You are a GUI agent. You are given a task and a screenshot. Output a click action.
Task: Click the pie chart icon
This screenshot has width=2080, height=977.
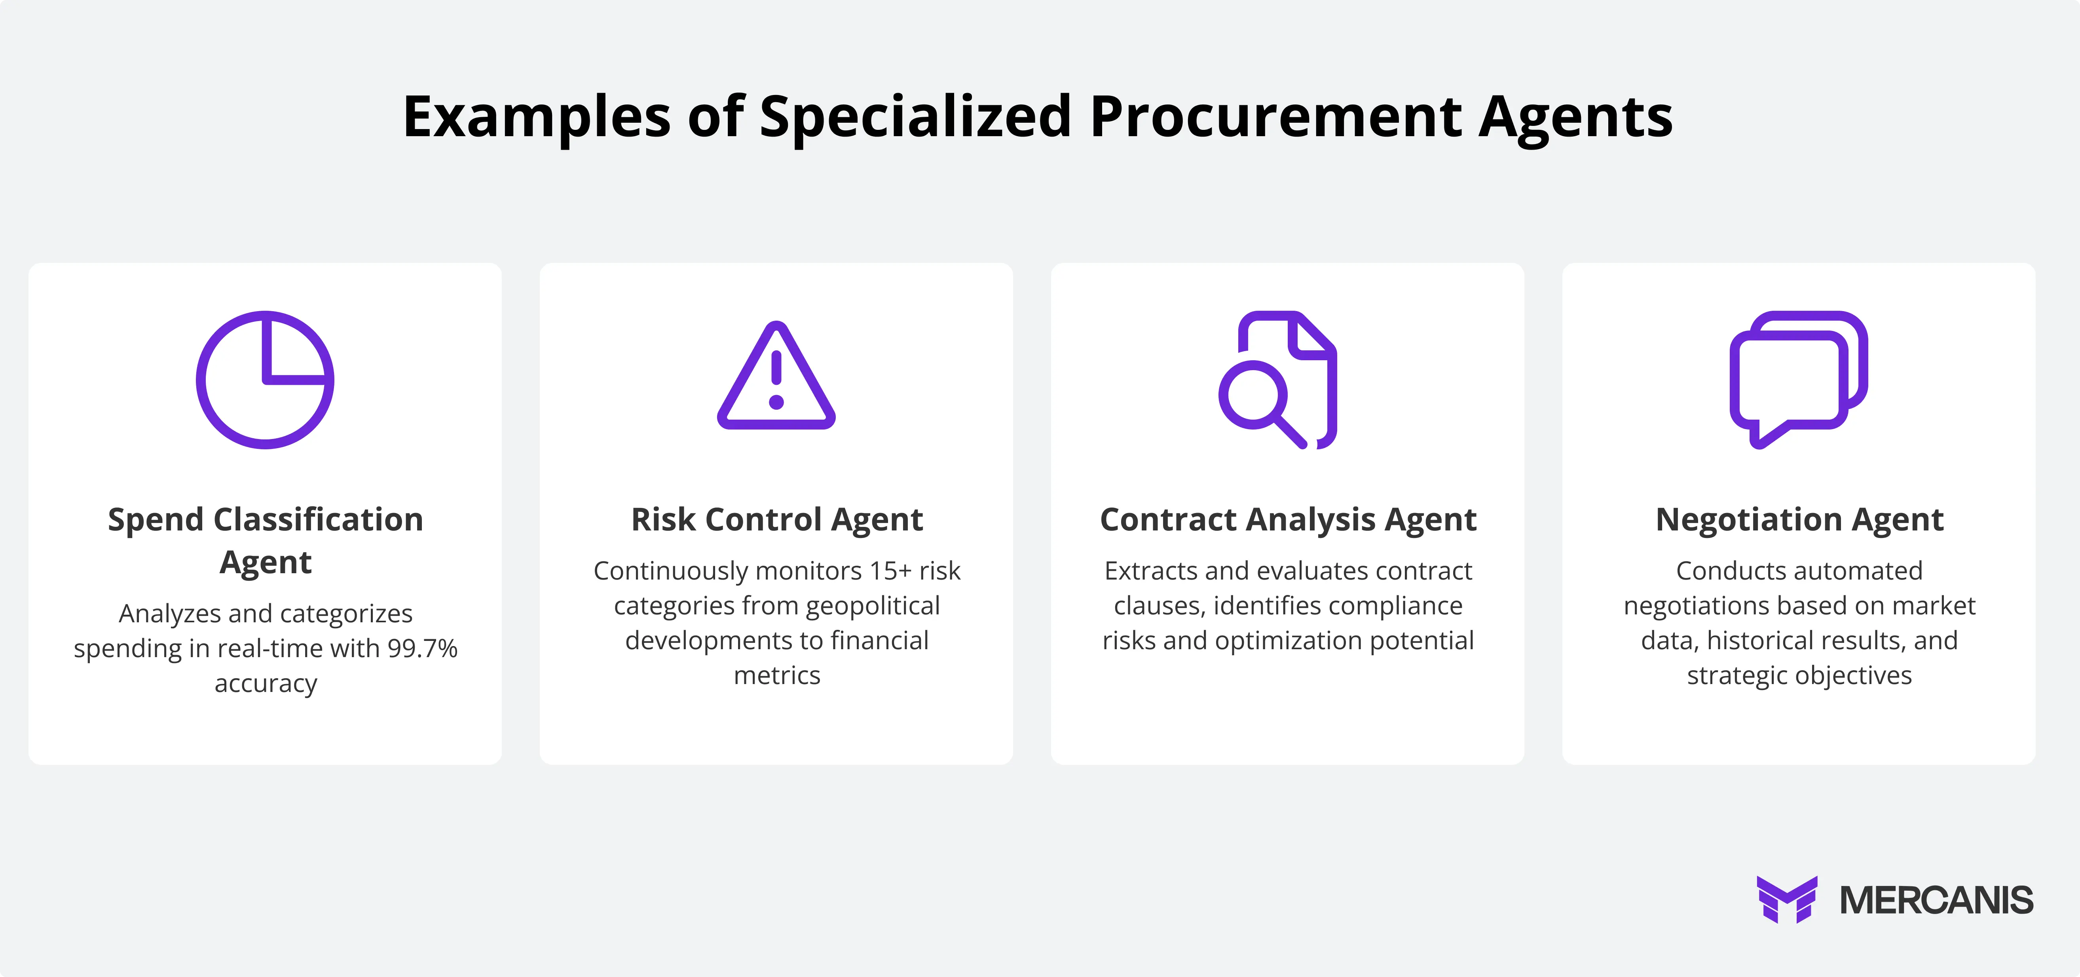(265, 380)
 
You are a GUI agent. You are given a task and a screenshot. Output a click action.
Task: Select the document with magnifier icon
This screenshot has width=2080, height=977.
(1278, 380)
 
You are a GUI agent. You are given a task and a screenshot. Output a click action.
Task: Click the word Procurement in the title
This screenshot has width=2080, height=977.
(1276, 117)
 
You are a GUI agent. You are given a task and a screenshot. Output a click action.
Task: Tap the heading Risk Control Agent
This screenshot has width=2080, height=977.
(777, 519)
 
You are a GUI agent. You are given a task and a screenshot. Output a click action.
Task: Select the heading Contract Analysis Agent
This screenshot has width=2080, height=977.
(1288, 519)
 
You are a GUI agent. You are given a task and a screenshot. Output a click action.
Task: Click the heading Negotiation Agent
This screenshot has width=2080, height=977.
(1799, 519)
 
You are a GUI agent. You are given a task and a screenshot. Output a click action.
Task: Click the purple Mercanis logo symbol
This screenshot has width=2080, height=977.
(1787, 899)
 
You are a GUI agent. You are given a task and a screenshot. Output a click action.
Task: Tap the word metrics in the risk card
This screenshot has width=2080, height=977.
(777, 675)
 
